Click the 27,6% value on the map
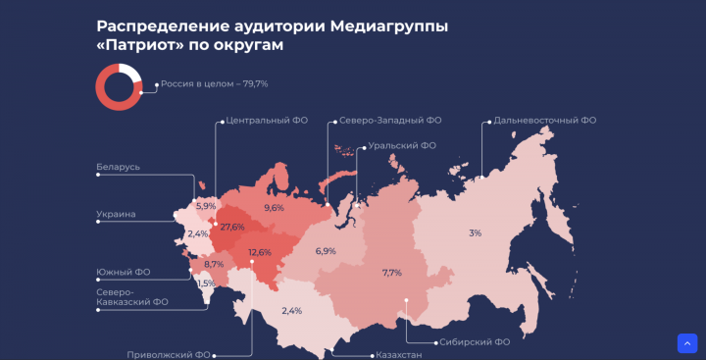coord(232,227)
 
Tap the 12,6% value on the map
coord(260,252)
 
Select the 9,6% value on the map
coord(274,208)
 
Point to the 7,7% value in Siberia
coord(392,273)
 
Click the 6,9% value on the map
coord(326,251)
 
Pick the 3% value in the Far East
coord(475,232)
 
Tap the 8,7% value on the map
coord(214,264)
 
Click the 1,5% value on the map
coord(206,283)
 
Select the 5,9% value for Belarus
coord(206,206)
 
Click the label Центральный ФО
coord(267,121)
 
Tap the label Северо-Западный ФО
coord(389,121)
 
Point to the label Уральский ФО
coord(401,145)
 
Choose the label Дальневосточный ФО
coord(545,121)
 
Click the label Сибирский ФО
coord(475,342)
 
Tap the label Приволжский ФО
coord(169,354)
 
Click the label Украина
coord(116,214)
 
